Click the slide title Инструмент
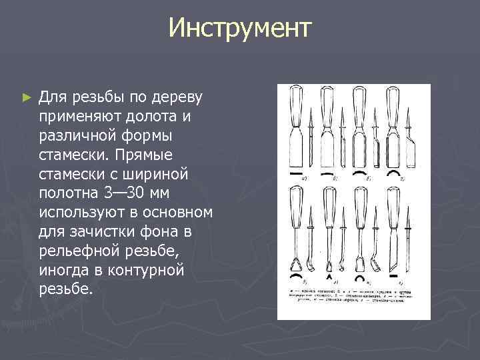click(x=239, y=28)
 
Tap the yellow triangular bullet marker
click(x=26, y=97)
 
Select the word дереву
click(x=181, y=97)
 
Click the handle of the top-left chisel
click(x=295, y=107)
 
